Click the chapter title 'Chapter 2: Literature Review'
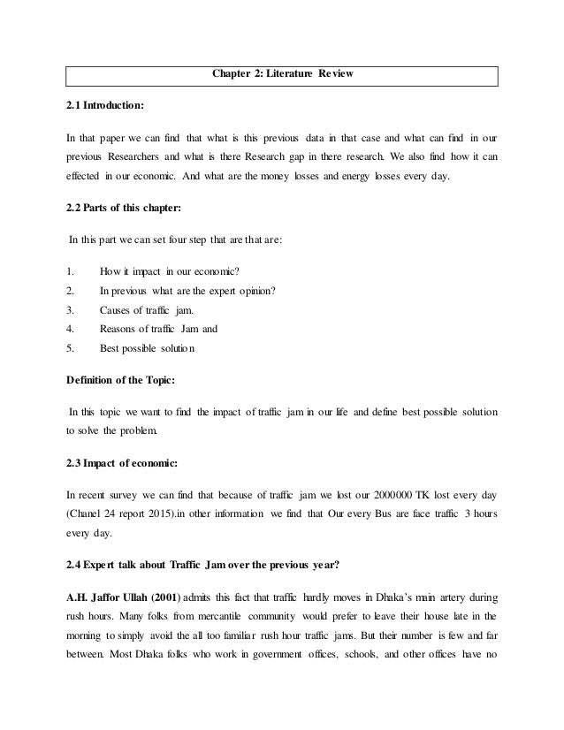coord(282,73)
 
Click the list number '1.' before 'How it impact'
coord(71,273)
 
